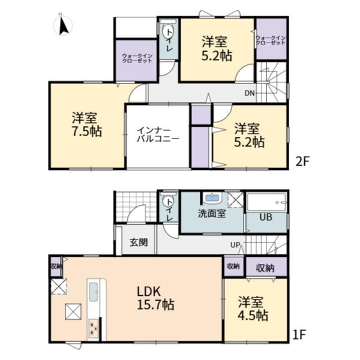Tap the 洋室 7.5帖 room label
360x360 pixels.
[x=87, y=124]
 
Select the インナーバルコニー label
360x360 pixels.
[x=158, y=135]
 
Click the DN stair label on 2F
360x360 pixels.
[x=250, y=93]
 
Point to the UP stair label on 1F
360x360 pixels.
[x=235, y=245]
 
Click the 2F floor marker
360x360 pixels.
[x=302, y=161]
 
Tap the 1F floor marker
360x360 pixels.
[x=299, y=335]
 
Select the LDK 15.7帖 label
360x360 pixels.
[x=155, y=298]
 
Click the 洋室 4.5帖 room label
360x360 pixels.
[x=253, y=308]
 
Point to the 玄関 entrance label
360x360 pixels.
[x=139, y=242]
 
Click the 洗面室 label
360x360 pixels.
[x=212, y=214]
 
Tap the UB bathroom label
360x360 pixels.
[x=266, y=217]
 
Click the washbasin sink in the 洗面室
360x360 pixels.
[x=212, y=197]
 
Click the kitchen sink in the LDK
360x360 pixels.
[x=94, y=292]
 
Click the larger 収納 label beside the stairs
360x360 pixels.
[x=265, y=268]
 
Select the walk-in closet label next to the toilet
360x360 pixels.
[x=137, y=58]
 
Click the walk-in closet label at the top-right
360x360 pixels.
[x=271, y=40]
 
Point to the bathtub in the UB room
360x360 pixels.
[x=266, y=203]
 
